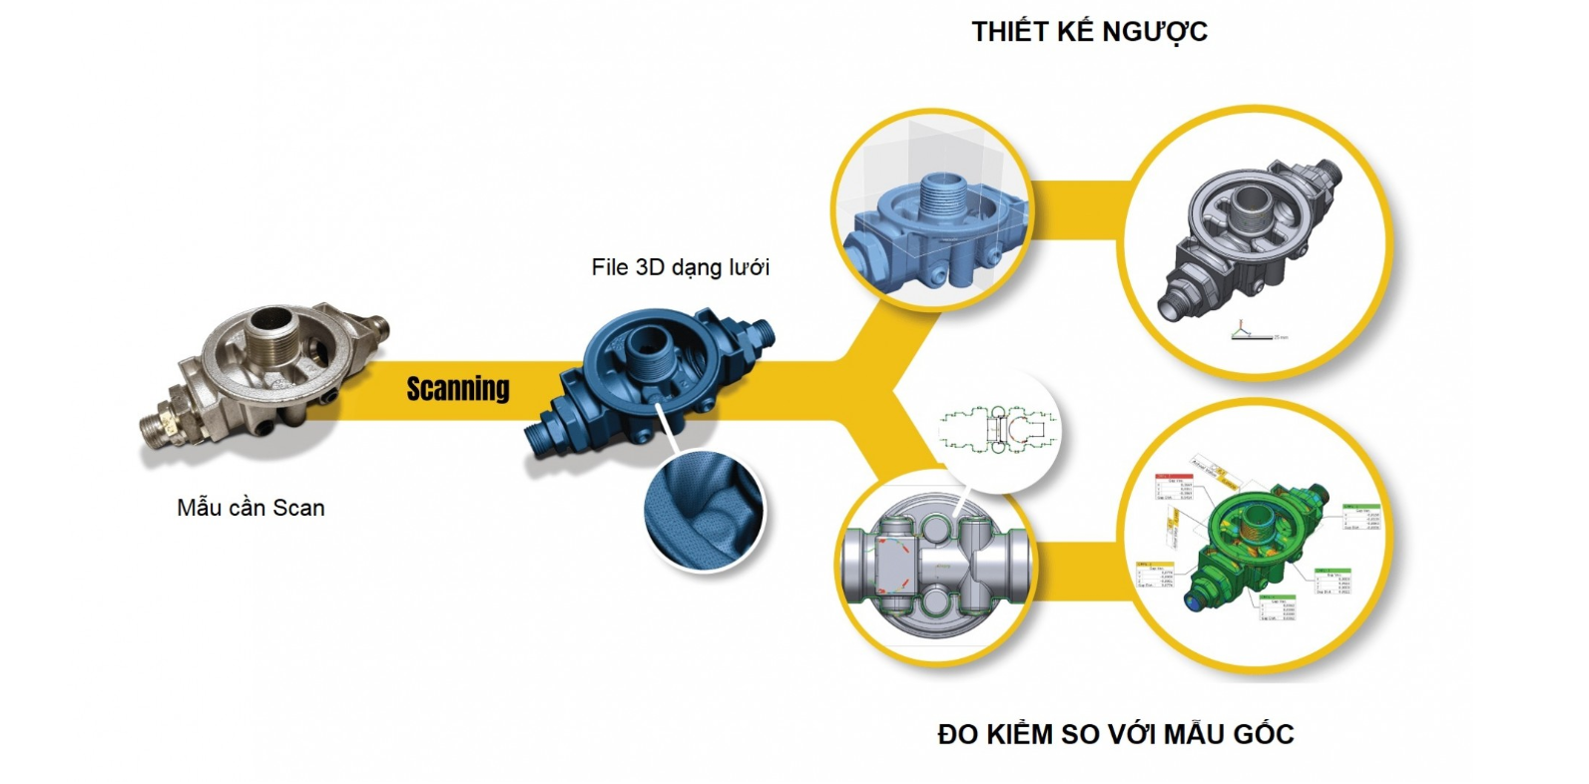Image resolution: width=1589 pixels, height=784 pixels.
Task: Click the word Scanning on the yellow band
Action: click(x=458, y=388)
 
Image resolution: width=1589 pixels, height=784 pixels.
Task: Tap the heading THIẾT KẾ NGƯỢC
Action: click(x=1089, y=32)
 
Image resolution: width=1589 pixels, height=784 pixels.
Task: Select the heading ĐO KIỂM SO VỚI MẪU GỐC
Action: click(x=1115, y=734)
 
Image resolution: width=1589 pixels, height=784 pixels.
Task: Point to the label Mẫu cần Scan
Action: click(x=251, y=508)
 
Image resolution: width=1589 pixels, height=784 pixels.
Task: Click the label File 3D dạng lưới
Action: click(x=680, y=267)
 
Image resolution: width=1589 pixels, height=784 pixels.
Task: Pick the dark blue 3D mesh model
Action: click(x=649, y=384)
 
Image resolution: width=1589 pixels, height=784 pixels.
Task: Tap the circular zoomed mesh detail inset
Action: click(x=705, y=515)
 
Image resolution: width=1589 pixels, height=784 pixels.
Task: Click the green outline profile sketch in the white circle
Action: click(x=999, y=429)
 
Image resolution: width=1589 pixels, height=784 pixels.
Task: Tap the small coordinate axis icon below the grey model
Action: click(x=1243, y=329)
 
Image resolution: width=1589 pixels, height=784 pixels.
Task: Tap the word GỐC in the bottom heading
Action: click(x=1263, y=734)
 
